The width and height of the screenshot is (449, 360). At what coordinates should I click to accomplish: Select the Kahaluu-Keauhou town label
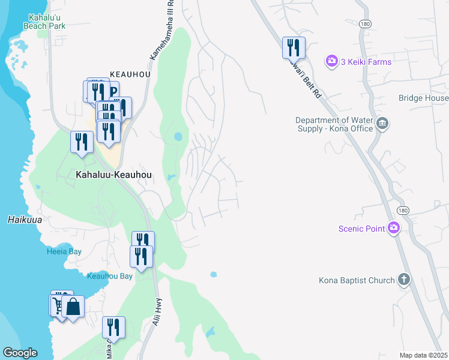pos(113,175)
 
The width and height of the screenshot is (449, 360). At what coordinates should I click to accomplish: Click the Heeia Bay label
pos(64,251)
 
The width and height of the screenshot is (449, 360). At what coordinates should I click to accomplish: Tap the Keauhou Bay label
pos(109,276)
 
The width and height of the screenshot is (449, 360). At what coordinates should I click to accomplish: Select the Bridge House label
pos(423,98)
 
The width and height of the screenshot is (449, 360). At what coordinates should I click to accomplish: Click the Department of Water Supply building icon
pos(383,124)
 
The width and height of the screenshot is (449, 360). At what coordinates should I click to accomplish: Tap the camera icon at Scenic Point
pos(394,227)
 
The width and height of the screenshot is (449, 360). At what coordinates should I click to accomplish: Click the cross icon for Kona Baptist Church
pos(404,280)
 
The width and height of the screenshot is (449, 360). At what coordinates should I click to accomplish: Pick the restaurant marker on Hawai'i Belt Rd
pos(294,47)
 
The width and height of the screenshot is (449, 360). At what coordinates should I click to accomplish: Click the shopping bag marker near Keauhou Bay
pos(73,307)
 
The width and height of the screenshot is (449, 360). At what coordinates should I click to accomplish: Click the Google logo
pos(20,353)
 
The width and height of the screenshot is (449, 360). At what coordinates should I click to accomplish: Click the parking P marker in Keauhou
pos(112,92)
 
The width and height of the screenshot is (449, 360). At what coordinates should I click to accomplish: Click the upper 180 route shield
pos(365,22)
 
